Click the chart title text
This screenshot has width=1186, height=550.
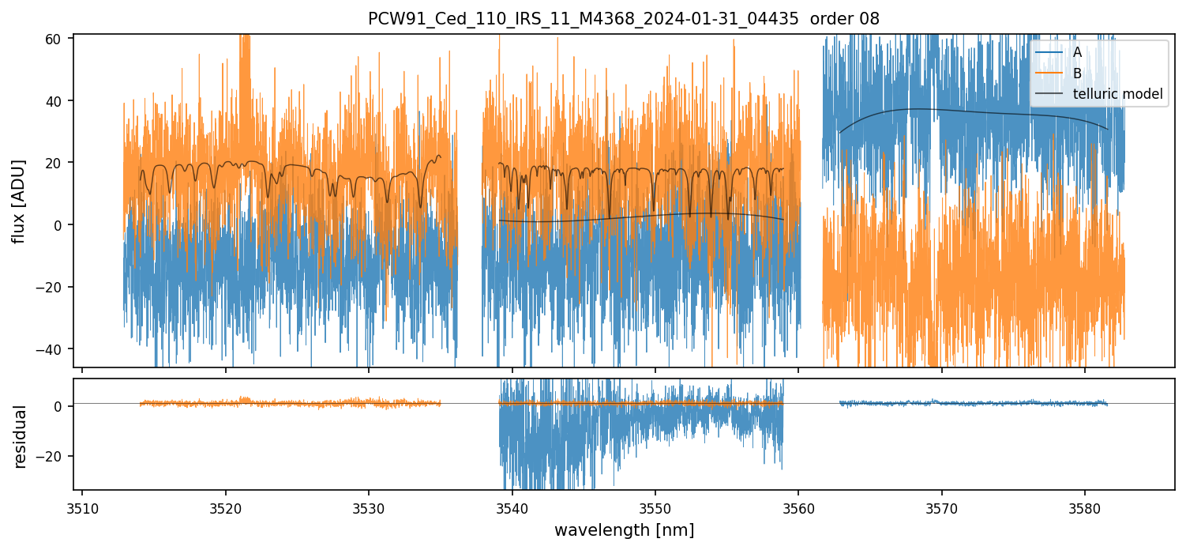pyautogui.click(x=624, y=18)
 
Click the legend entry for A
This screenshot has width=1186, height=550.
pyautogui.click(x=1076, y=52)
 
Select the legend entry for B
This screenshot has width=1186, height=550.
pyautogui.click(x=1076, y=73)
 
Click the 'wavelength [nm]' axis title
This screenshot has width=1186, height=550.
pyautogui.click(x=624, y=530)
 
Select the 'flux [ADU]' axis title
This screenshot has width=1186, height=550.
pyautogui.click(x=18, y=201)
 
